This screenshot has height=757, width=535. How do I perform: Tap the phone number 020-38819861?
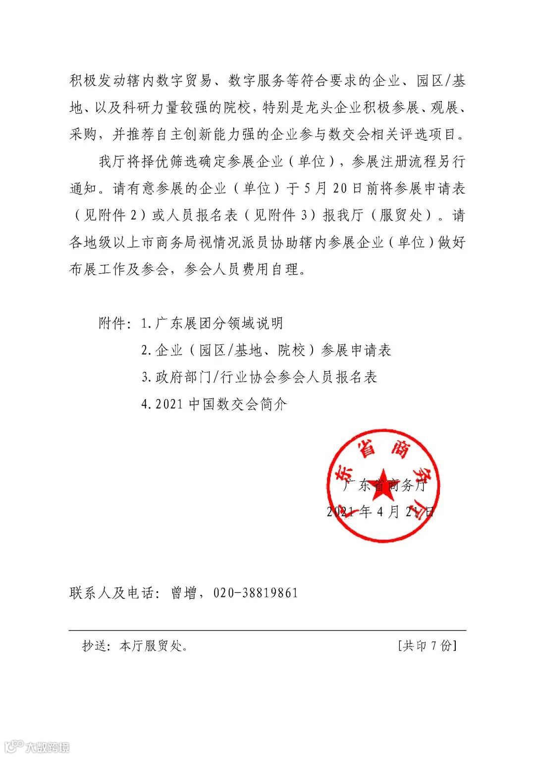tap(255, 593)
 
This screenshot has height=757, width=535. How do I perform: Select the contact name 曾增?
tap(183, 593)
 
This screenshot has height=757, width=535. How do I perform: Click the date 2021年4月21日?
tap(380, 512)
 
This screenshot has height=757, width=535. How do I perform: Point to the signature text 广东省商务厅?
tap(384, 485)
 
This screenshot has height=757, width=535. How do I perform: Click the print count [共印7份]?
tap(427, 645)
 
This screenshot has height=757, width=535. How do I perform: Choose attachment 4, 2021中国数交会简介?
tap(214, 404)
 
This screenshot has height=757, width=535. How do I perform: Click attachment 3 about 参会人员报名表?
tap(259, 377)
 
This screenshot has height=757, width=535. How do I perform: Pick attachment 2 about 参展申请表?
tap(266, 350)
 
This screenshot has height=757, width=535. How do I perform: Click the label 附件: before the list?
tap(115, 324)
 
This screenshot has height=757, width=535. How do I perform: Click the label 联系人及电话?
tap(112, 593)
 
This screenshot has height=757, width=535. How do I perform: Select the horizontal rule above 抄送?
tap(267, 630)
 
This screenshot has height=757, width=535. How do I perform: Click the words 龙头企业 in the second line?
tap(330, 108)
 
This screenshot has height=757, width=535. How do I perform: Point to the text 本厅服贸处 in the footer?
tap(151, 646)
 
